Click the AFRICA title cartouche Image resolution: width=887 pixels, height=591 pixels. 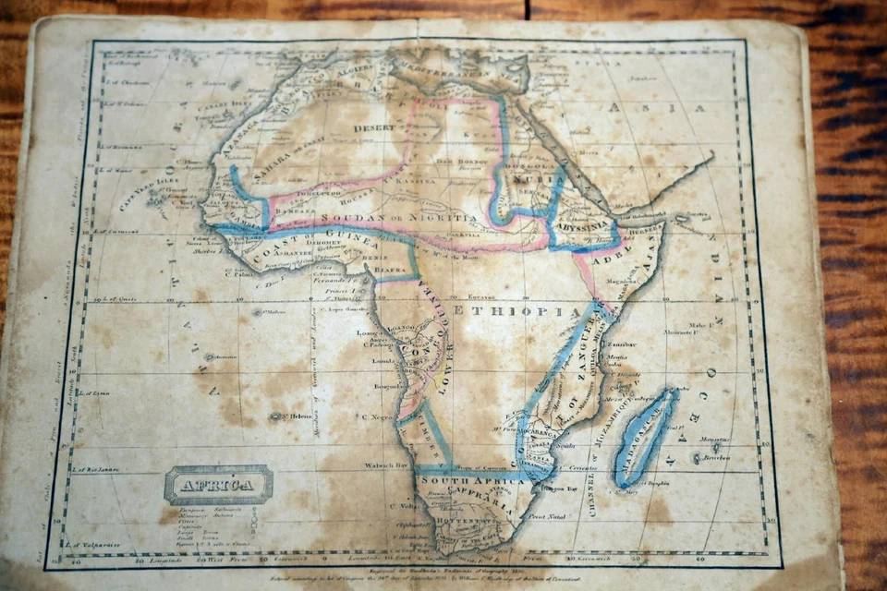[x=218, y=484]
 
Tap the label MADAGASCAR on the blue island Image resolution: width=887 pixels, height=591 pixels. [x=648, y=438]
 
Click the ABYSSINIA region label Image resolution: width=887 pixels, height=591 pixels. [x=581, y=224]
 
